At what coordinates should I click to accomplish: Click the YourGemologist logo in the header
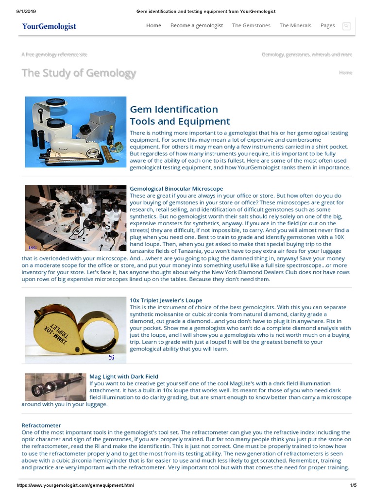(49, 26)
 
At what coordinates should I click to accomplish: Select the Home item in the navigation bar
(153, 26)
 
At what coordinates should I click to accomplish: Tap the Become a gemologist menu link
(197, 26)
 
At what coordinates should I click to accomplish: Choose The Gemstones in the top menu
(251, 26)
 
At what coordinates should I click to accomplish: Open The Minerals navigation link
(295, 26)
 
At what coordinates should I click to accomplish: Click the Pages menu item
(328, 26)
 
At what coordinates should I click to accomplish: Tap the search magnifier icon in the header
(346, 26)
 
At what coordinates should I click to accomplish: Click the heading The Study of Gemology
(79, 73)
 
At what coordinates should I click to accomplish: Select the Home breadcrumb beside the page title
(345, 72)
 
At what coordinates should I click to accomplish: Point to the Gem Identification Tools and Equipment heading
(180, 115)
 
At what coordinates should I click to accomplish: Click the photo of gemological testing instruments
(75, 132)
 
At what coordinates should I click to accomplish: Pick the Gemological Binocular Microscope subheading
(176, 188)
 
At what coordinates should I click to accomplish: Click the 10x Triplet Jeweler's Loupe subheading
(166, 300)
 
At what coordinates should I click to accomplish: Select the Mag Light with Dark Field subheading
(124, 376)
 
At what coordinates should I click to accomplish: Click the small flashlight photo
(55, 387)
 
